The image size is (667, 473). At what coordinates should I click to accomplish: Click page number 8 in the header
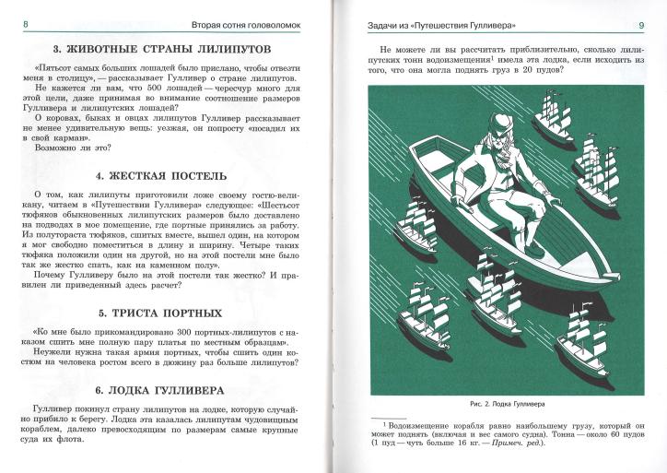26,25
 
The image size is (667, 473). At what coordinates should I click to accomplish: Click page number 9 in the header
641,26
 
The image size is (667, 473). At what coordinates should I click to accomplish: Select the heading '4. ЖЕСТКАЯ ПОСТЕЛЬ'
161,176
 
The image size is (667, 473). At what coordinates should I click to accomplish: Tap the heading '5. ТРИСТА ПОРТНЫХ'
160,313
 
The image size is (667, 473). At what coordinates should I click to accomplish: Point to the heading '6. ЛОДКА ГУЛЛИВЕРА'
160,390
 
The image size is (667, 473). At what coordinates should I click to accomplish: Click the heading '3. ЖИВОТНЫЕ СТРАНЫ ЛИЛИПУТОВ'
162,49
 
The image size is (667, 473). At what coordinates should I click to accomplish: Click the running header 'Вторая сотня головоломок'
246,25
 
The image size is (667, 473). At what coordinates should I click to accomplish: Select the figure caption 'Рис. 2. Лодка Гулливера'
508,404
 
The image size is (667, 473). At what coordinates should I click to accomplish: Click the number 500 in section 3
153,89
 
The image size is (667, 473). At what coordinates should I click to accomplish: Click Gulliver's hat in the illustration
503,124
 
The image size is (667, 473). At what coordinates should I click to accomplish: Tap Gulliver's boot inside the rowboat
532,248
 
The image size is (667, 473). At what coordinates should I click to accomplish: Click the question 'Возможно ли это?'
73,148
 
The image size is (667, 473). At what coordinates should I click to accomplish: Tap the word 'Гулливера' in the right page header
493,26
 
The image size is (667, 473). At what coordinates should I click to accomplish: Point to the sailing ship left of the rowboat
416,226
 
